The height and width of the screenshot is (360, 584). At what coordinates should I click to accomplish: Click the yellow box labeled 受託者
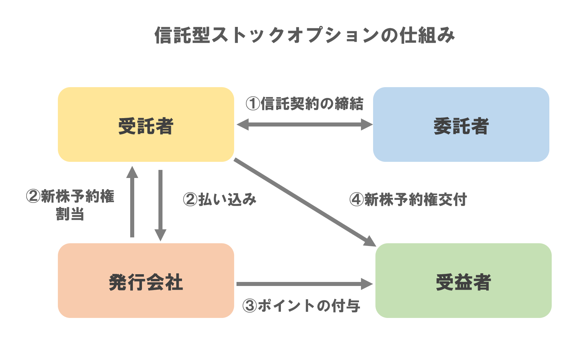(146, 124)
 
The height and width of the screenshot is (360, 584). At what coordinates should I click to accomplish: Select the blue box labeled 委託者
(461, 124)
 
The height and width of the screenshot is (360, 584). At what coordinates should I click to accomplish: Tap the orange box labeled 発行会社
(146, 281)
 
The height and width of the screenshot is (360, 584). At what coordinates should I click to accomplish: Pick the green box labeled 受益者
(463, 281)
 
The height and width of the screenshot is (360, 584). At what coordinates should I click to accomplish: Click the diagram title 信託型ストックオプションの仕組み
(304, 35)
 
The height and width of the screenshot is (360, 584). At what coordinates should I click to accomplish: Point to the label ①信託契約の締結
(304, 104)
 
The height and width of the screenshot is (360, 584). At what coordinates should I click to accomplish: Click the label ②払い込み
(220, 200)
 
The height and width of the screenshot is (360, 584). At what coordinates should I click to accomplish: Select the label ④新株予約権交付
(408, 200)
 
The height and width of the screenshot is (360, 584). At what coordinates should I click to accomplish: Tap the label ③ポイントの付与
(301, 306)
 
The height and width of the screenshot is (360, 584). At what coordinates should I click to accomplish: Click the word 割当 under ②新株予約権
(70, 214)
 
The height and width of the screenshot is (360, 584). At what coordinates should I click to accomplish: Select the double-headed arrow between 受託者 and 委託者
(304, 124)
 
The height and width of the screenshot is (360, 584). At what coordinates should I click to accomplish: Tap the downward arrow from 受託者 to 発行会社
(160, 202)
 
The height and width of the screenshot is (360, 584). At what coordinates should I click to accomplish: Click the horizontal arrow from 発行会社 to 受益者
(299, 284)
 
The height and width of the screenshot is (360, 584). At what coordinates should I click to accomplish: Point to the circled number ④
(356, 200)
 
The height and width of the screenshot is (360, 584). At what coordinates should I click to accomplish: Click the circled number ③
(250, 306)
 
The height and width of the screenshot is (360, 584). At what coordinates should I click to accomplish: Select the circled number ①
(253, 104)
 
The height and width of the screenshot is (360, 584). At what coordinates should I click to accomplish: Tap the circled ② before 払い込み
(190, 200)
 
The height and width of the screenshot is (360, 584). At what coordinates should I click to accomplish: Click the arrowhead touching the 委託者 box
(367, 124)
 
